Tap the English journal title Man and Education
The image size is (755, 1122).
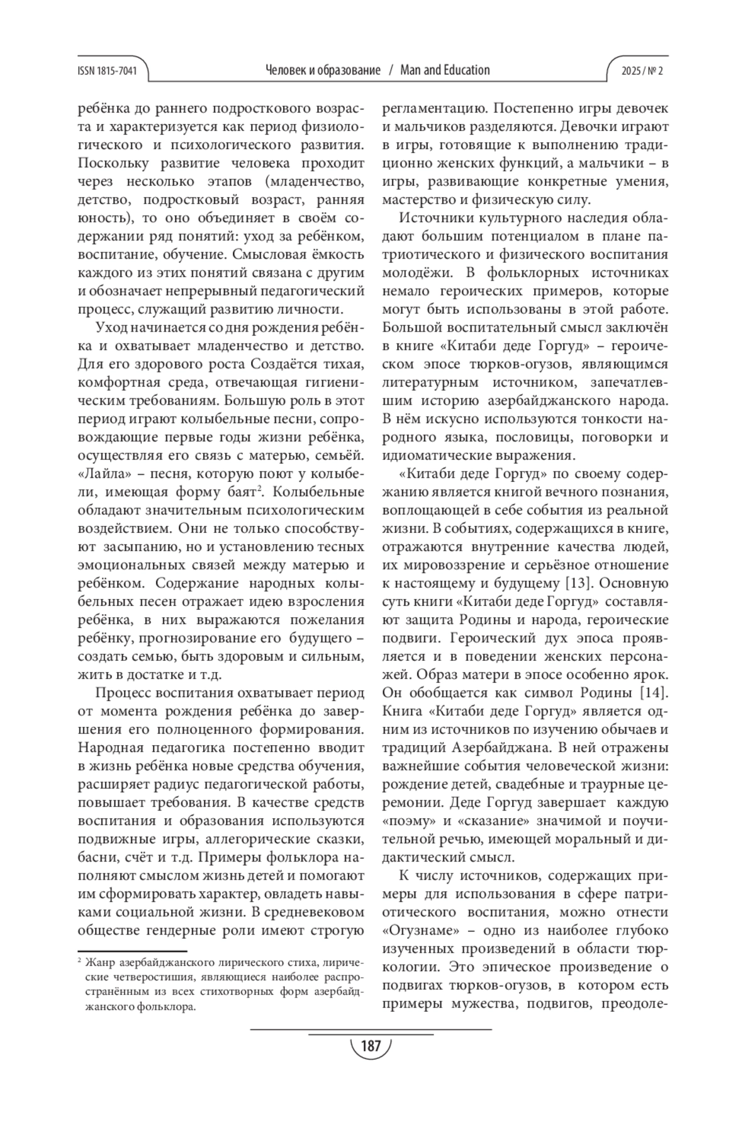(x=444, y=70)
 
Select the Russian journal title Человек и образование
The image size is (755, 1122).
(x=323, y=70)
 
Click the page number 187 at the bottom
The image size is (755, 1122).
(x=371, y=1046)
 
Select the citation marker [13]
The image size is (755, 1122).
(x=574, y=583)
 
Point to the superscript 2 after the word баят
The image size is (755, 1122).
(x=259, y=489)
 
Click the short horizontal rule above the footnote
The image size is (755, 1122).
(x=132, y=952)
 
